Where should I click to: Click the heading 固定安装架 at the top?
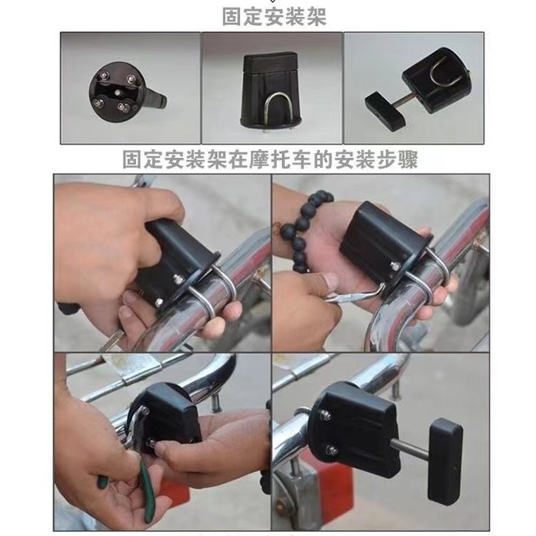point(275,16)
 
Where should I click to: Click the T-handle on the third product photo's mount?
point(385,108)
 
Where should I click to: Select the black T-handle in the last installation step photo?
point(445,461)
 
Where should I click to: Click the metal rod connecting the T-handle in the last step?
point(412,447)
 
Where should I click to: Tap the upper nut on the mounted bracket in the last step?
point(325,416)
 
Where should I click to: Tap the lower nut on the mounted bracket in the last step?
point(332,450)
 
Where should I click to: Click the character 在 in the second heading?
point(238,159)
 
